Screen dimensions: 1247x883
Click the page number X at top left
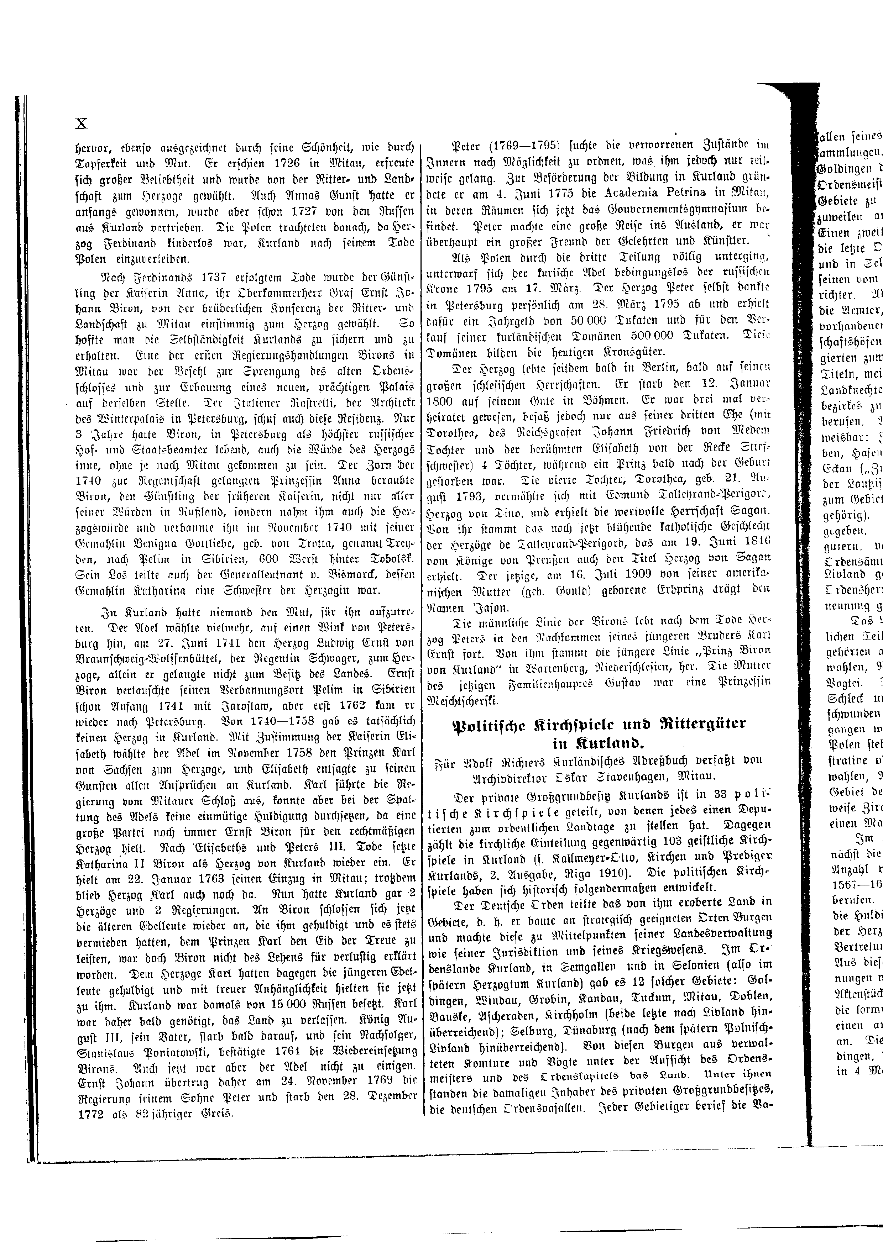coord(81,124)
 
